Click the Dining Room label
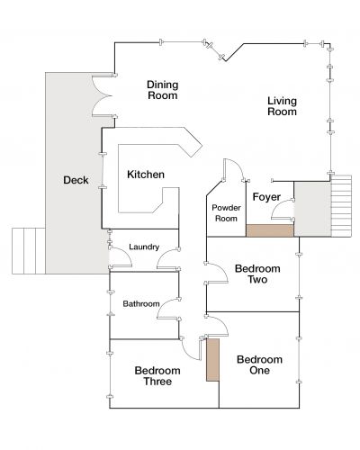click(163, 90)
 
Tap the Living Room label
click(282, 106)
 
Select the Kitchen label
click(146, 175)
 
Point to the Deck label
click(76, 180)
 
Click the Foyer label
click(266, 197)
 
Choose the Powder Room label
click(226, 213)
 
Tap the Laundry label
click(144, 247)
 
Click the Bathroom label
click(141, 303)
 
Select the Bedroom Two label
click(257, 274)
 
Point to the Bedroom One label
click(259, 364)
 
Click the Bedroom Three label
click(157, 376)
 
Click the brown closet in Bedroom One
click(212, 360)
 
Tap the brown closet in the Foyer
click(270, 230)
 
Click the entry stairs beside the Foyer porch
click(341, 206)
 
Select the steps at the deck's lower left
click(29, 251)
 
